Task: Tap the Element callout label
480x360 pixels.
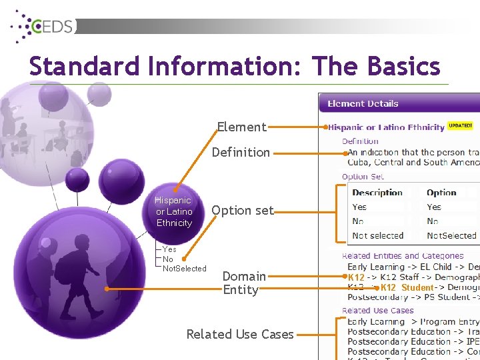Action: [241, 127]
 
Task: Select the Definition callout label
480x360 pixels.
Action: [241, 152]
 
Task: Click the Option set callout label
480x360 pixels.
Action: [242, 211]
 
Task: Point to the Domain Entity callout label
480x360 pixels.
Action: [241, 283]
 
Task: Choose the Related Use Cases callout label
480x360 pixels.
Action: [240, 334]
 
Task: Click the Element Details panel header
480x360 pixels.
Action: [363, 103]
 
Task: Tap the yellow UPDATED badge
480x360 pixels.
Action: [460, 125]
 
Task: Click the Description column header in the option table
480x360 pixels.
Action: [377, 193]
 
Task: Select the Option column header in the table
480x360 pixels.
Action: [441, 193]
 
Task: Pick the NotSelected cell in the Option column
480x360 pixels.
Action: [451, 235]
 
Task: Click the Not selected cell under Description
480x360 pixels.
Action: [377, 235]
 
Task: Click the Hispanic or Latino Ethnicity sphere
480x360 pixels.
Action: [173, 211]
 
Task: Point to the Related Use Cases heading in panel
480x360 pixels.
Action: [377, 311]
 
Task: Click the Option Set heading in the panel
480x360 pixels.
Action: [363, 177]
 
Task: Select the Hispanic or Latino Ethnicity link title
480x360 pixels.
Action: [387, 127]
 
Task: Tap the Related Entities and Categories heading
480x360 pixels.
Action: [403, 256]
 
